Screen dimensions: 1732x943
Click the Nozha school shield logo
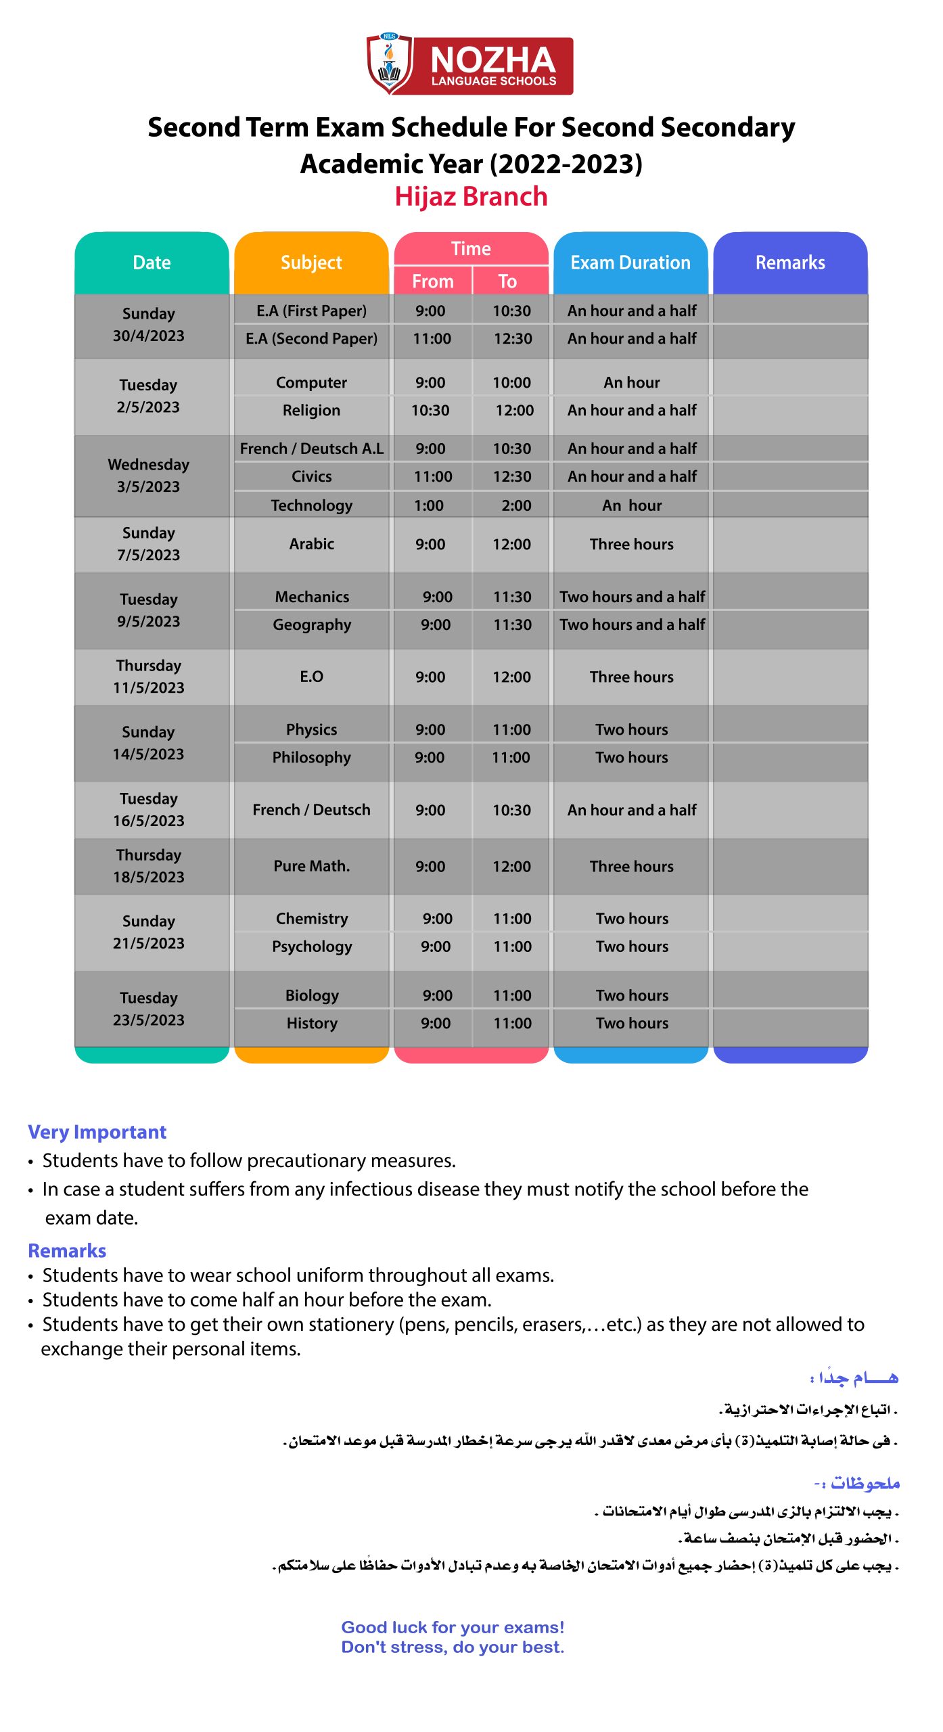(389, 64)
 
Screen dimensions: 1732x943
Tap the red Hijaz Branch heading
(471, 196)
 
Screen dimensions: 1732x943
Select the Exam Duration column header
(630, 263)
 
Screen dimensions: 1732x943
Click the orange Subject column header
(311, 263)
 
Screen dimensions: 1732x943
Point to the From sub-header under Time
(433, 281)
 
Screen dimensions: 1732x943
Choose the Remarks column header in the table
(790, 263)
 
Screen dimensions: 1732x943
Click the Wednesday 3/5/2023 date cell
(149, 476)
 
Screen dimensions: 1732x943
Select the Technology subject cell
(312, 505)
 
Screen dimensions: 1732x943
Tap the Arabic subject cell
(312, 544)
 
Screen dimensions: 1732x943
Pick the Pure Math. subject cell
(312, 866)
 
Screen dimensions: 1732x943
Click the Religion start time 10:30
(430, 410)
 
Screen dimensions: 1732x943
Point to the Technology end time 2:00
(516, 505)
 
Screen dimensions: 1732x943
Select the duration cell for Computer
(632, 382)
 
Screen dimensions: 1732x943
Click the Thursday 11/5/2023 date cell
(149, 677)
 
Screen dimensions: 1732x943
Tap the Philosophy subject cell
(312, 757)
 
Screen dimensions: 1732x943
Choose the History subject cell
(312, 1023)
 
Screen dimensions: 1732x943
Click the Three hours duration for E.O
(632, 677)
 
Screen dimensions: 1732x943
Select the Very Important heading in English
(97, 1132)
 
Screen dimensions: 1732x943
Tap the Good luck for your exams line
(453, 1627)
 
